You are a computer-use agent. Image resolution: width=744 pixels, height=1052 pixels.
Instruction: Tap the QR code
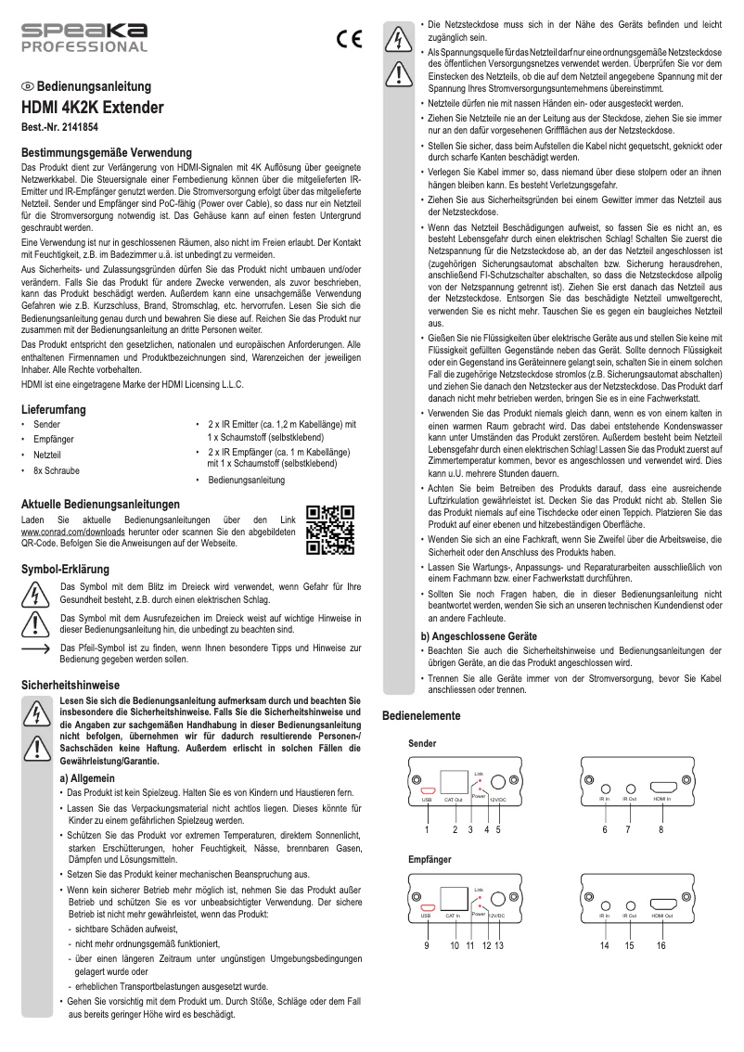[x=330, y=529]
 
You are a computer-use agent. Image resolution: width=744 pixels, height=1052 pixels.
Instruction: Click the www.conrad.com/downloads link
[x=59, y=532]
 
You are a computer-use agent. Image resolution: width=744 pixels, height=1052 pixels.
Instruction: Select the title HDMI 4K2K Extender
[x=92, y=108]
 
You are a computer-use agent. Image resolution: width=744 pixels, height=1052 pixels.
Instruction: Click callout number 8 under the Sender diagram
[x=661, y=829]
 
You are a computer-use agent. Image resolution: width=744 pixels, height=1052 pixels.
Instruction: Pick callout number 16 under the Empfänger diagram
[x=661, y=945]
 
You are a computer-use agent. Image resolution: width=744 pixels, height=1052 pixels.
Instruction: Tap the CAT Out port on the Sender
[x=453, y=781]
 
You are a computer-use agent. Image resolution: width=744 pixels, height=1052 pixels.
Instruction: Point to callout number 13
[x=498, y=945]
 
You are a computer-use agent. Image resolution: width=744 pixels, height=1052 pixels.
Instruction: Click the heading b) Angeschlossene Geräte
[x=479, y=636]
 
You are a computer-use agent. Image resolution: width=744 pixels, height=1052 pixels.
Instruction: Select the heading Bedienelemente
[x=421, y=715]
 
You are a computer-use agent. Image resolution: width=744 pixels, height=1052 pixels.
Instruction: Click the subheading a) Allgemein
[x=86, y=777]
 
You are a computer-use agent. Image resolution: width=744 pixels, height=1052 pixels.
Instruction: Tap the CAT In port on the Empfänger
[x=453, y=898]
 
